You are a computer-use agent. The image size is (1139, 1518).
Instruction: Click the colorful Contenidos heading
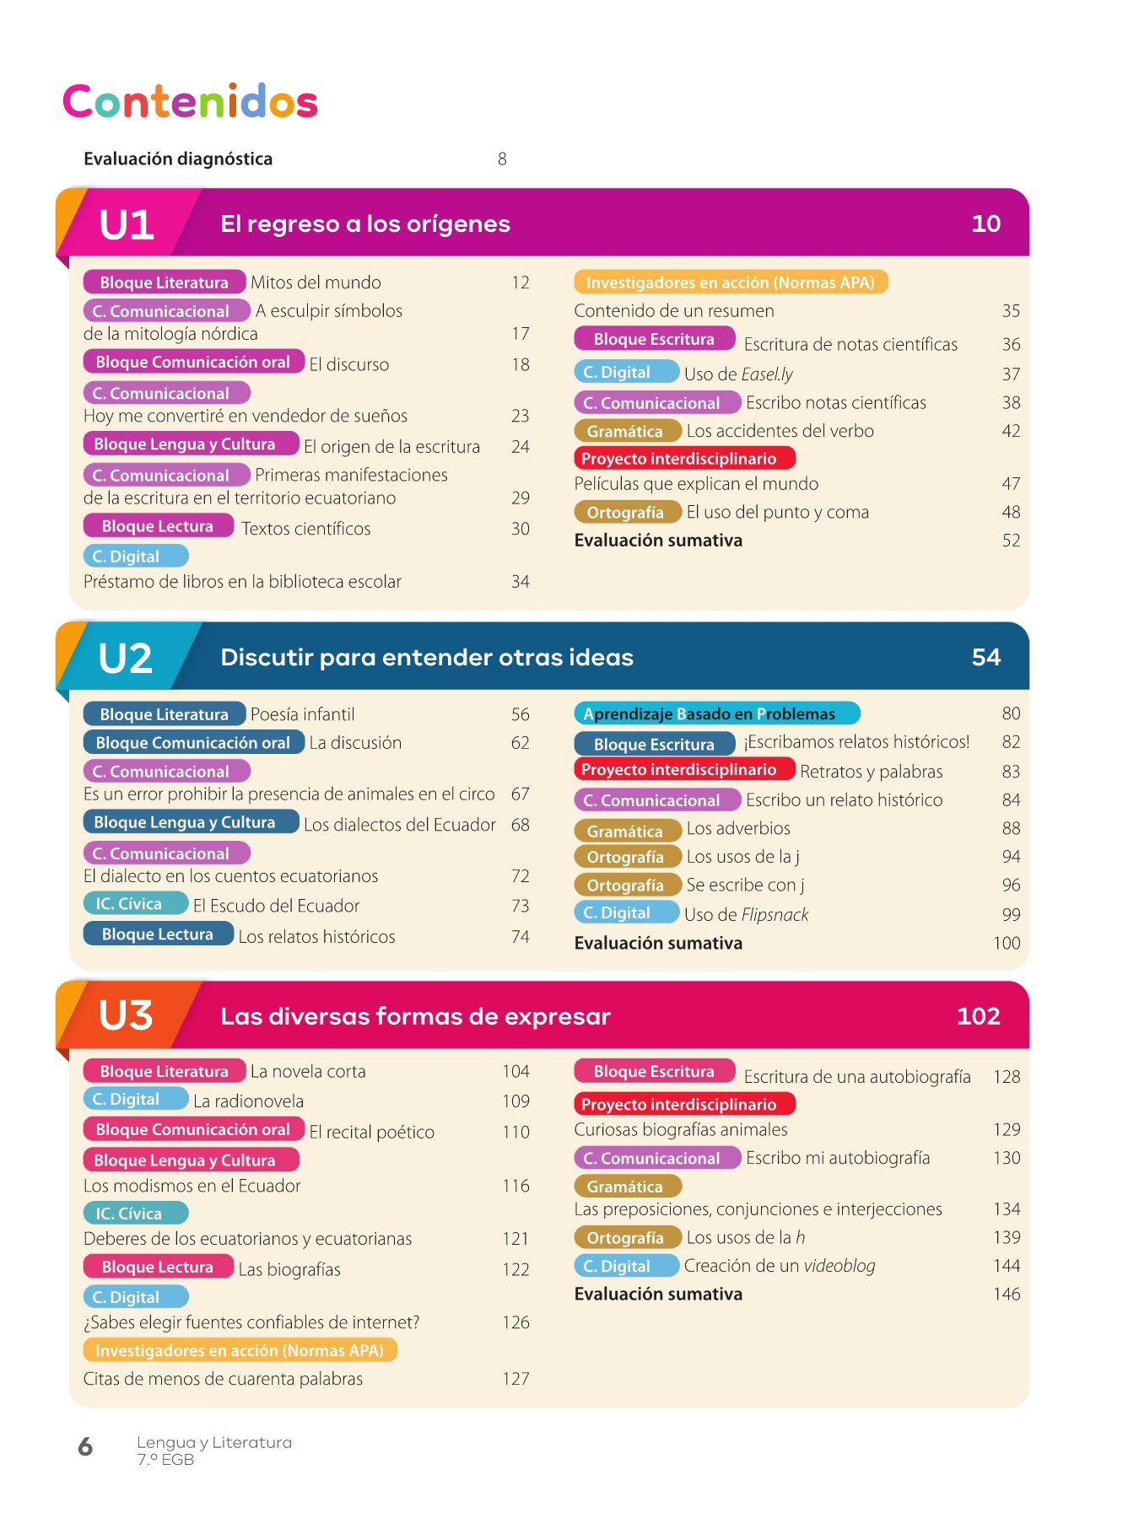(190, 102)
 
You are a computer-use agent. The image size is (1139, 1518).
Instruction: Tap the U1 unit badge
(127, 224)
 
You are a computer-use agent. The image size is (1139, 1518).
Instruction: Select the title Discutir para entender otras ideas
(426, 658)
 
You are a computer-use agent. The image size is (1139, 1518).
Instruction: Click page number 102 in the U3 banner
(978, 1016)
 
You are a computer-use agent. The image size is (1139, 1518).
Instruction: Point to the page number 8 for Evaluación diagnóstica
(502, 159)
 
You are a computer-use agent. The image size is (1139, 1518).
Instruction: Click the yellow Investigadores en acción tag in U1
(730, 283)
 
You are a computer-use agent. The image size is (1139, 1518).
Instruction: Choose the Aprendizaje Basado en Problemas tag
(716, 714)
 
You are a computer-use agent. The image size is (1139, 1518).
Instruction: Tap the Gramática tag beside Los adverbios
(626, 831)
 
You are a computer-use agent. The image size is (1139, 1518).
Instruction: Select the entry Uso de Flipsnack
(746, 914)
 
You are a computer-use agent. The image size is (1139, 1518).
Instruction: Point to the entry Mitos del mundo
(316, 283)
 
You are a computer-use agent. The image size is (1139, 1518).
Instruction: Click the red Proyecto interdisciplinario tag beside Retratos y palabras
(683, 770)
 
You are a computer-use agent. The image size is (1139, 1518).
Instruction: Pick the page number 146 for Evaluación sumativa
(1007, 1294)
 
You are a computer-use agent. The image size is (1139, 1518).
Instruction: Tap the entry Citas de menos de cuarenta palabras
(223, 1379)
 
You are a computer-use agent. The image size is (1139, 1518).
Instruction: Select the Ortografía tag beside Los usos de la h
(626, 1237)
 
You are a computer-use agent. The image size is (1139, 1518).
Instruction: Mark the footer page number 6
(85, 1447)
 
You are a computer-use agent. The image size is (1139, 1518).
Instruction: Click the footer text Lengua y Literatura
(214, 1443)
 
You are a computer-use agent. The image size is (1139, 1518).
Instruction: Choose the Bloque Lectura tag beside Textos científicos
(158, 526)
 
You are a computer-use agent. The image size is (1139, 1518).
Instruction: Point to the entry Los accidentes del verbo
(780, 431)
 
